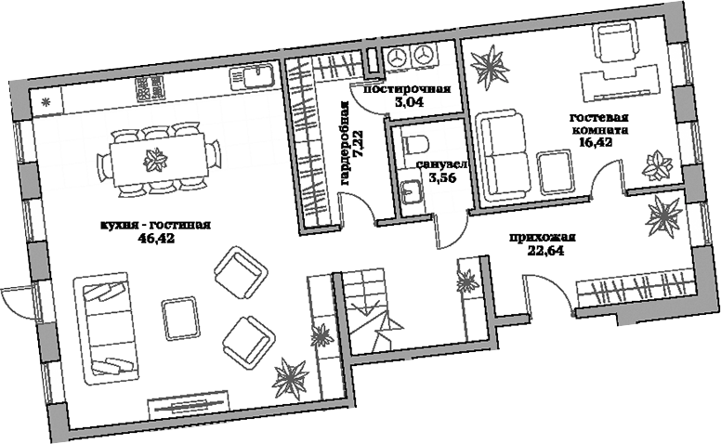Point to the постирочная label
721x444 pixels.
[407, 89]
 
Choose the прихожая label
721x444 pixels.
[543, 237]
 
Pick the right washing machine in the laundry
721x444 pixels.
[425, 55]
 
